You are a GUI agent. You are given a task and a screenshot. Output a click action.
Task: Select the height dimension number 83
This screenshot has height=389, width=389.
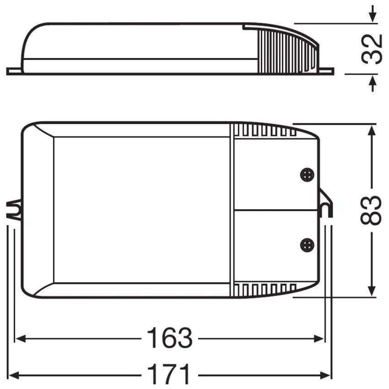click(372, 210)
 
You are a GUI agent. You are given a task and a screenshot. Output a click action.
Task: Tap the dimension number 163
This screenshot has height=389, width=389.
click(169, 339)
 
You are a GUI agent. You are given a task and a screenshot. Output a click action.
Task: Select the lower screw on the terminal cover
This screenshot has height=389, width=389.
click(307, 244)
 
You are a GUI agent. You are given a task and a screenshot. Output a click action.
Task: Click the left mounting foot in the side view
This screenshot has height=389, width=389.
click(14, 71)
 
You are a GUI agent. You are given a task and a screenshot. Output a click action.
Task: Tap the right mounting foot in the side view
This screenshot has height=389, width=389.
click(326, 71)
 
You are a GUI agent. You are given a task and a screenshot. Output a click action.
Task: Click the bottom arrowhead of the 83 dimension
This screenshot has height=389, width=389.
click(372, 290)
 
